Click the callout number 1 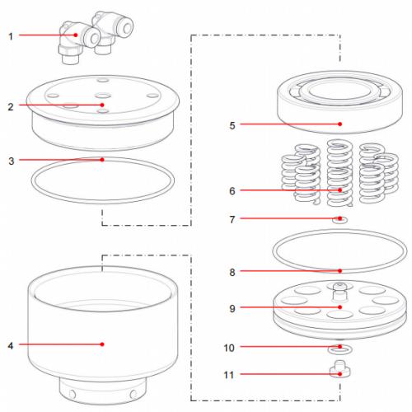(11, 35)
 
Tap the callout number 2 (11, 105)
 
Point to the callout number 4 (11, 344)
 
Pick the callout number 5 (232, 125)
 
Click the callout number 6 (232, 190)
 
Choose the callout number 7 (232, 220)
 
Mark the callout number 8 (232, 270)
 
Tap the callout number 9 (232, 309)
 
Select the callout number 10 (231, 348)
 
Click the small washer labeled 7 (339, 220)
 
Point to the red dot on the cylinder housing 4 (101, 344)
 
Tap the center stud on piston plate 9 (339, 288)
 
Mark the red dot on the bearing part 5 (339, 125)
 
